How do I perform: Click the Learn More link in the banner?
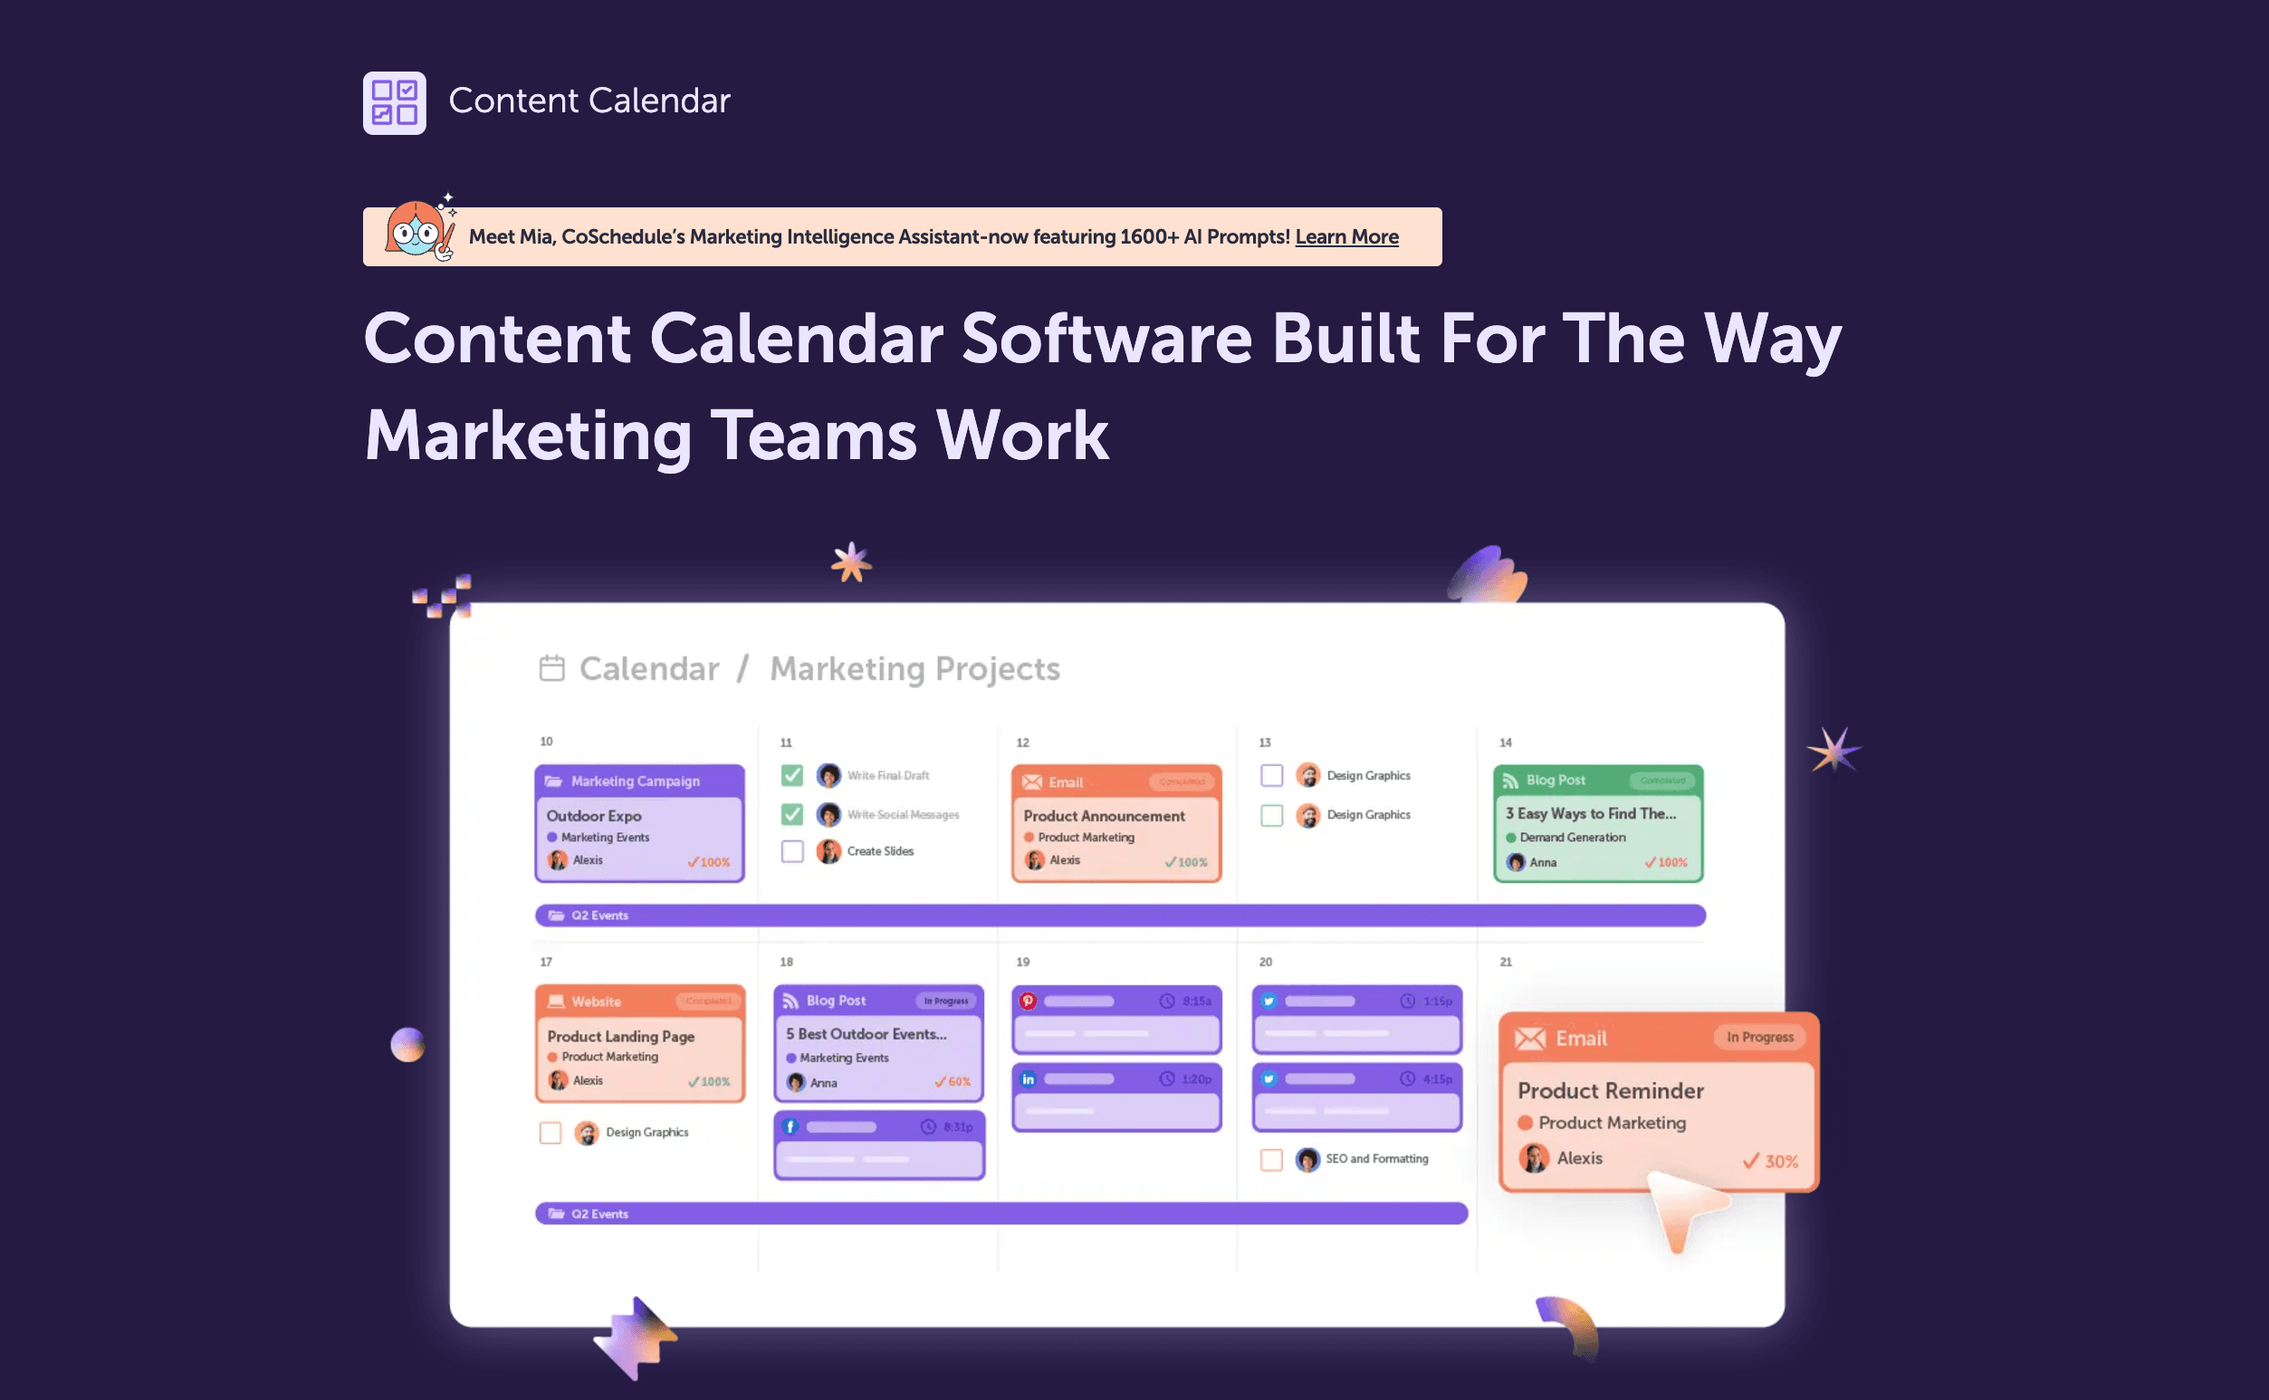pos(1346,237)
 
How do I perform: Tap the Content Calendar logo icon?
pos(395,102)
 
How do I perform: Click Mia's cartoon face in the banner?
pos(416,230)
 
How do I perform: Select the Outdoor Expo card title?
pos(593,816)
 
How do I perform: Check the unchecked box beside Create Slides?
pos(792,851)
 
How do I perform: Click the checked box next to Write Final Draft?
pos(792,775)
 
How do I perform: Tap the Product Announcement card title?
pos(1104,816)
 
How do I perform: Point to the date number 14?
pos(1505,743)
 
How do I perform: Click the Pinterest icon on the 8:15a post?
pos(1028,1001)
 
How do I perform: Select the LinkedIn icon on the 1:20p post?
pos(1028,1079)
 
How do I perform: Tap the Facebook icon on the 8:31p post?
pos(790,1127)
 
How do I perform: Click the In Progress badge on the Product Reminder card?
pos(1759,1037)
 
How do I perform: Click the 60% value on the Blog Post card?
pos(958,1081)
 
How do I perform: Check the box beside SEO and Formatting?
pos(1271,1159)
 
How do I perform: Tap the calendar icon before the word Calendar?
pos(551,667)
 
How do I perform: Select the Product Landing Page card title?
pos(620,1036)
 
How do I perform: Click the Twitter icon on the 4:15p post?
pos(1269,1079)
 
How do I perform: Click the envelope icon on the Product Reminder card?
pos(1529,1039)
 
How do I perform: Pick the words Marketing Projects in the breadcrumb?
pos(914,668)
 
